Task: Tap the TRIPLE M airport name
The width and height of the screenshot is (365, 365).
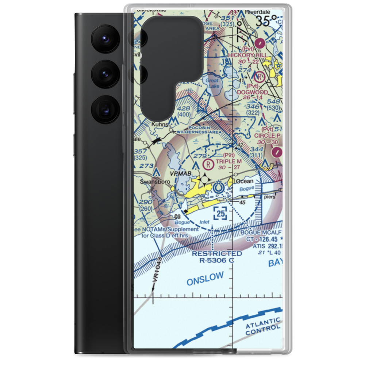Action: point(228,161)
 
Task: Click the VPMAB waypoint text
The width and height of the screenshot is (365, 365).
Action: point(181,173)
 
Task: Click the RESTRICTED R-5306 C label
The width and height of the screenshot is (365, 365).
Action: point(217,257)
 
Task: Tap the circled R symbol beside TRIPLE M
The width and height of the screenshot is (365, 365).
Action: point(208,164)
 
